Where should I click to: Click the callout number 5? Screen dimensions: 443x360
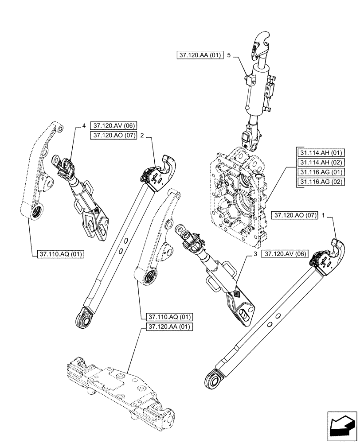pyautogui.click(x=229, y=55)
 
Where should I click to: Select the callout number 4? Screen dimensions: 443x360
pyautogui.click(x=84, y=126)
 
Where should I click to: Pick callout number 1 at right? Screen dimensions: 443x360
pyautogui.click(x=324, y=216)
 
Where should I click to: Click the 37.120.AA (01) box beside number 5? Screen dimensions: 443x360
pyautogui.click(x=200, y=55)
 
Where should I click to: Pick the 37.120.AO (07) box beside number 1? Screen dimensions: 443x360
pyautogui.click(x=293, y=216)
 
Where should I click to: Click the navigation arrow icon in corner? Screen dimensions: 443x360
pyautogui.click(x=341, y=425)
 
